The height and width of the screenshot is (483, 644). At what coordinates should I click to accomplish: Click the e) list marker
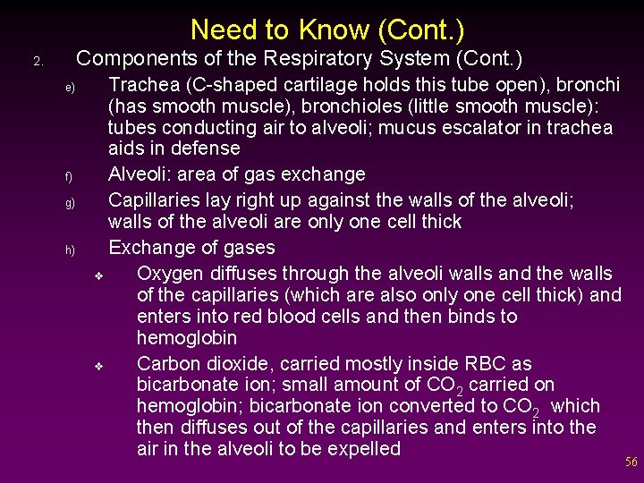tap(69, 89)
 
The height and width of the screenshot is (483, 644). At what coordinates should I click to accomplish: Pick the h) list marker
tap(69, 250)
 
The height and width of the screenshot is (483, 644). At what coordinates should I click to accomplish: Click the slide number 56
tap(631, 462)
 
